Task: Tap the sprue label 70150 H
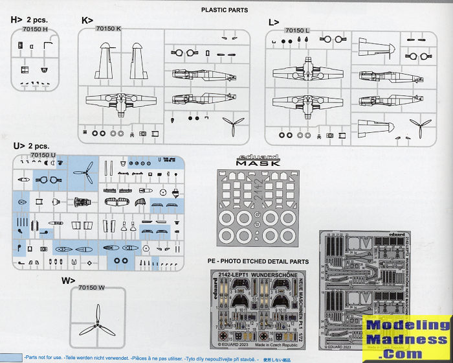[x=34, y=29]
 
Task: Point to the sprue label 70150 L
[x=298, y=30]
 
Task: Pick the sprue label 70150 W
[x=91, y=287]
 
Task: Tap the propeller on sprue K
[x=232, y=123]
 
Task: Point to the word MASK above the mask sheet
[x=258, y=164]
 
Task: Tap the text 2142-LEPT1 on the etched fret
[x=238, y=274]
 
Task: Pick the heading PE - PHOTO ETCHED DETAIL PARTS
[x=254, y=261]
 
